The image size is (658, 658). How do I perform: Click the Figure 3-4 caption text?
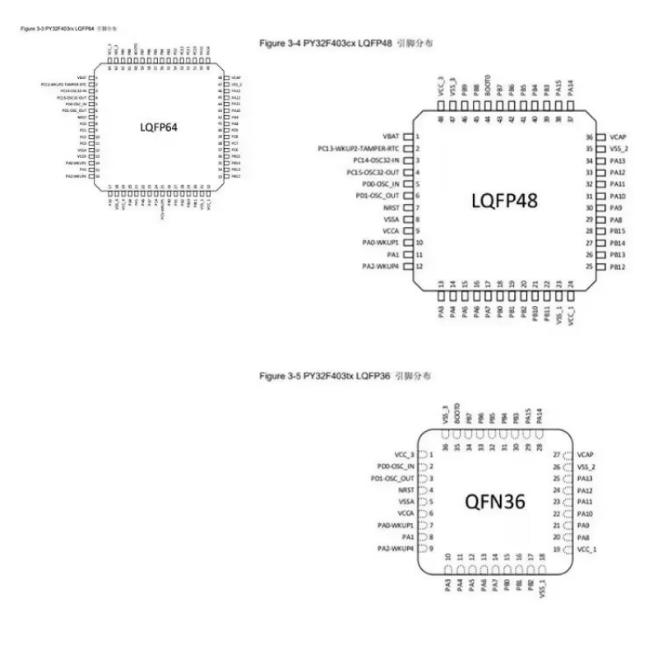click(345, 42)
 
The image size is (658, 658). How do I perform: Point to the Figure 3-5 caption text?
click(345, 376)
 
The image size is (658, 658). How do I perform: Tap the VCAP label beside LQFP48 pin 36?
click(618, 137)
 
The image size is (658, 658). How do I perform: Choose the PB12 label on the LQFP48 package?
click(618, 267)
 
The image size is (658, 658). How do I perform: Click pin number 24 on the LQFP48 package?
click(571, 285)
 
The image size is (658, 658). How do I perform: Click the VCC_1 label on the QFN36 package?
click(586, 549)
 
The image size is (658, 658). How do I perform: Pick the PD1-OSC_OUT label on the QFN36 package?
click(392, 478)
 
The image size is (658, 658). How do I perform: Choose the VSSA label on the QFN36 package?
click(405, 501)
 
